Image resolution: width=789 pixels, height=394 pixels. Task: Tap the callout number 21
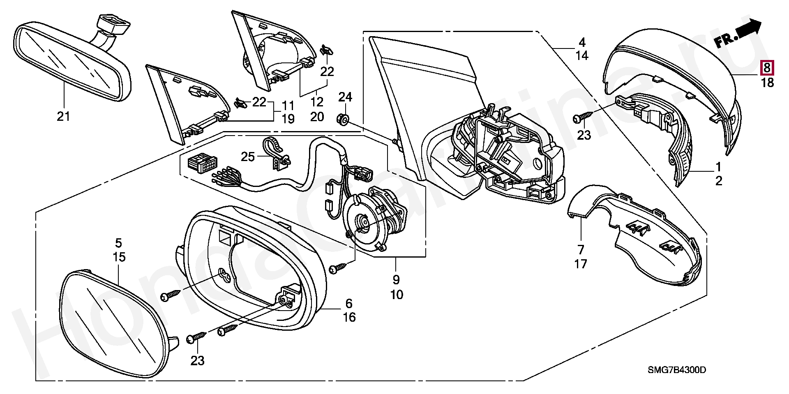[x=63, y=117]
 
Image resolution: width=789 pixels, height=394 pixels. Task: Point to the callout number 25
[x=248, y=157]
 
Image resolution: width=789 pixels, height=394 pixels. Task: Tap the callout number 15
[x=119, y=258]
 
